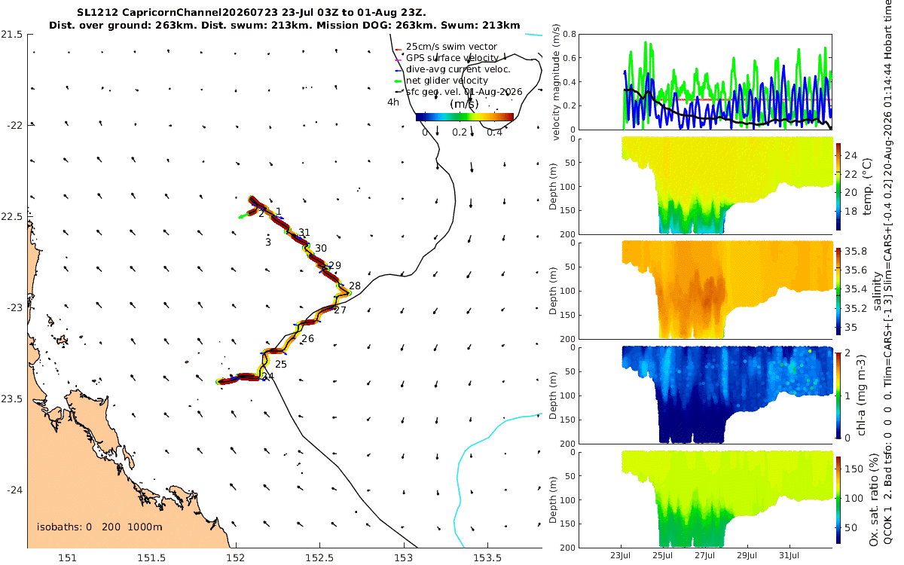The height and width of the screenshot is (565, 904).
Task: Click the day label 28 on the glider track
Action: (355, 286)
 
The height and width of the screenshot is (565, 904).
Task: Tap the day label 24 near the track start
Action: (268, 377)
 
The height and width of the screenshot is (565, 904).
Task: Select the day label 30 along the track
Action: (321, 248)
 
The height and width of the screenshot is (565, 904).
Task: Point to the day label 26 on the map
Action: (307, 338)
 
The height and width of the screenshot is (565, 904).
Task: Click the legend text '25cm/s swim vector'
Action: (451, 47)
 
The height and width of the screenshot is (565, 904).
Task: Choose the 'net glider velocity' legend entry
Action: (447, 81)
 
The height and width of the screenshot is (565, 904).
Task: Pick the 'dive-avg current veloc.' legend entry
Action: (458, 69)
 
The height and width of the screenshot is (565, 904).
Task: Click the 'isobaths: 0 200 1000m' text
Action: (99, 527)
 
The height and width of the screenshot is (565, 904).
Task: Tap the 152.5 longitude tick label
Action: (319, 557)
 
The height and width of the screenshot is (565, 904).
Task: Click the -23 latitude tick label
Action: (14, 308)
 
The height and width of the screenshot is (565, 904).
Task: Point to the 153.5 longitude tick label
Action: (487, 557)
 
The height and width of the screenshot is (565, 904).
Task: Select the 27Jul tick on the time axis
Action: (705, 555)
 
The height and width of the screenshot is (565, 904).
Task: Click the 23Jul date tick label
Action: (621, 555)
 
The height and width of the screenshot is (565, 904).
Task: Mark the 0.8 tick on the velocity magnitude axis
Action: (570, 35)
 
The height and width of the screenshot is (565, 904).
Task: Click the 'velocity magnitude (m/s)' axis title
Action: (556, 82)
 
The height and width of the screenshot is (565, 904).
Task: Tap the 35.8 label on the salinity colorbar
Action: (856, 251)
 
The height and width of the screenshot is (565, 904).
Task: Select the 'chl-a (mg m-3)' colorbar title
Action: (862, 395)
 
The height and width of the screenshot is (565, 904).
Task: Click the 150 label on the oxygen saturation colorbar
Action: (854, 469)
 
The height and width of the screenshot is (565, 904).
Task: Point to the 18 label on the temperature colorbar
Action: (851, 212)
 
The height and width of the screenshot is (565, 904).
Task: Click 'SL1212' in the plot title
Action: (98, 13)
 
